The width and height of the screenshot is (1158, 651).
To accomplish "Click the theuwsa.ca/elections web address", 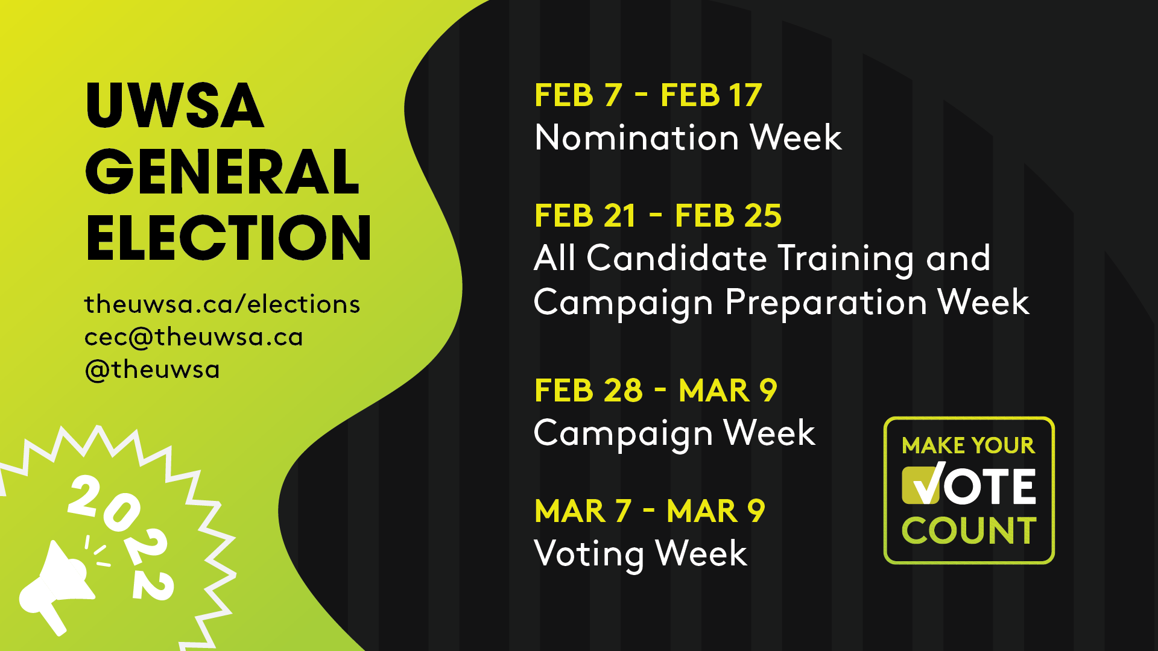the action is coord(222,304).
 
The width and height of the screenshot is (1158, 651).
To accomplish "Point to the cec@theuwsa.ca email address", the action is coord(194,337).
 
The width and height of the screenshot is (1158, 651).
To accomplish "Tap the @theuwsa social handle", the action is coord(152,370).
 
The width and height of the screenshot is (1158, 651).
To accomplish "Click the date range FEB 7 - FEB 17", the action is coord(648,95).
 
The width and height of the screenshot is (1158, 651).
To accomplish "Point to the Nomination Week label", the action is coord(688,137).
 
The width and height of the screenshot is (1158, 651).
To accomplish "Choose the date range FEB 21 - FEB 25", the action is coord(658,216).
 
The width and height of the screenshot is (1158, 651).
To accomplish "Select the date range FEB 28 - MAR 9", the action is coord(656,391).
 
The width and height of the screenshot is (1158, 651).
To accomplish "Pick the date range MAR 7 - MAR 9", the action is coord(650,511).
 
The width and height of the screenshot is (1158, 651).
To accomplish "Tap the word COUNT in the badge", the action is coord(969,530).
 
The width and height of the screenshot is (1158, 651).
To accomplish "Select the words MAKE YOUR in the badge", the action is coord(969,445).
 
